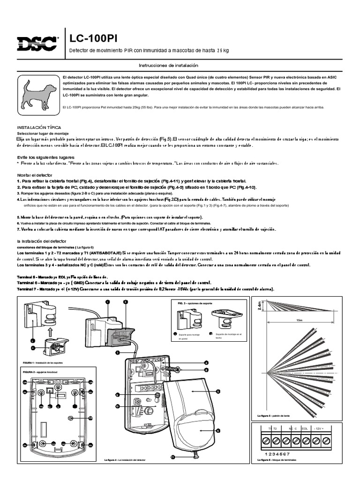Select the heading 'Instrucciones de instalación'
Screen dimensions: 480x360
pyautogui.click(x=169, y=66)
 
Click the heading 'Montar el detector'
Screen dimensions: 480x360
pyautogui.click(x=36, y=174)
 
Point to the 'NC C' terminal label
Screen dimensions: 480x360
pyautogui.click(x=293, y=429)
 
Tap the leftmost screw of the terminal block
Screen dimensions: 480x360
pyautogui.click(x=266, y=441)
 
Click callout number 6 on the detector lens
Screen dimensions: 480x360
pyautogui.click(x=218, y=430)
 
